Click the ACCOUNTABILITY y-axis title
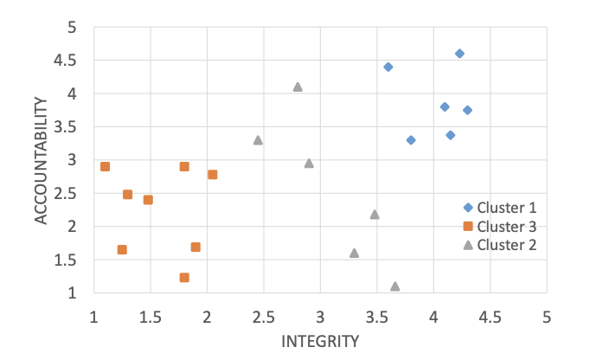(41, 160)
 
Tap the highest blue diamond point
(459, 54)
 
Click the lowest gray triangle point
(395, 286)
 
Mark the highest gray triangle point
(298, 87)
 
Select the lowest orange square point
(184, 278)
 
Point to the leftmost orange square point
(105, 167)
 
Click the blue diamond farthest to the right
(467, 110)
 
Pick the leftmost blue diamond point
(388, 67)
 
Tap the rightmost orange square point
(213, 175)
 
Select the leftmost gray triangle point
(258, 139)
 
